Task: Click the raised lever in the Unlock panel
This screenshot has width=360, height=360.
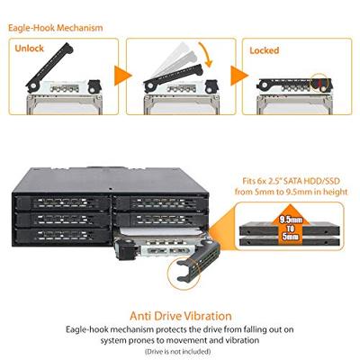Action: click(54, 71)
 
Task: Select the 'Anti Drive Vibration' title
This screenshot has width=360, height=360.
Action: click(179, 315)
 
